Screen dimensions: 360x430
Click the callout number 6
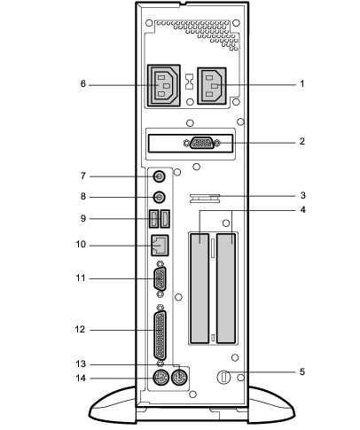point(83,84)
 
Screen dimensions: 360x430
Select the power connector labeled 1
point(212,86)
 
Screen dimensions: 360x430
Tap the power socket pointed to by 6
point(163,86)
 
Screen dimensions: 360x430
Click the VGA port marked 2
point(202,143)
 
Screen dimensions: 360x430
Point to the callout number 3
point(302,195)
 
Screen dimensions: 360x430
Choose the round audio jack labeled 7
point(159,176)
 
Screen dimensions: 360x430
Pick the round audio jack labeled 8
point(159,197)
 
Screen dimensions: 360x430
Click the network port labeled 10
point(160,245)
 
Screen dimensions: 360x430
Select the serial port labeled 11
point(160,279)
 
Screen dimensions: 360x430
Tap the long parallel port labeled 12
point(160,336)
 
